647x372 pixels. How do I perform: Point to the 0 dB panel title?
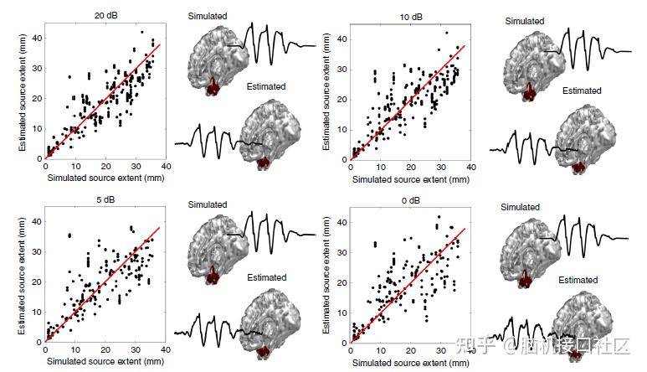click(x=410, y=202)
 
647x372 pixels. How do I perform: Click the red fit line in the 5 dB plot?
click(x=100, y=286)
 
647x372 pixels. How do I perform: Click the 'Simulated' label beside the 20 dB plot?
click(x=208, y=16)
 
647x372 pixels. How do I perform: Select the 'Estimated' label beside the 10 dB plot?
click(x=582, y=90)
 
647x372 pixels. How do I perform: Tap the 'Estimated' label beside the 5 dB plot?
click(x=266, y=277)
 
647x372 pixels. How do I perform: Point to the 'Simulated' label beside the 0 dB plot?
click(x=521, y=207)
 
